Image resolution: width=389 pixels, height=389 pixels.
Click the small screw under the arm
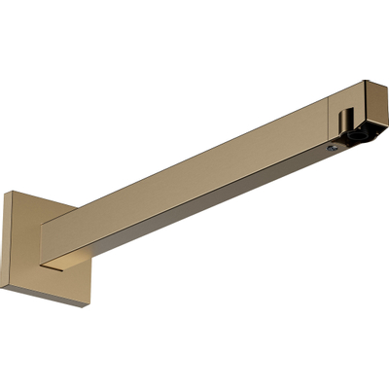click(333, 147)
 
